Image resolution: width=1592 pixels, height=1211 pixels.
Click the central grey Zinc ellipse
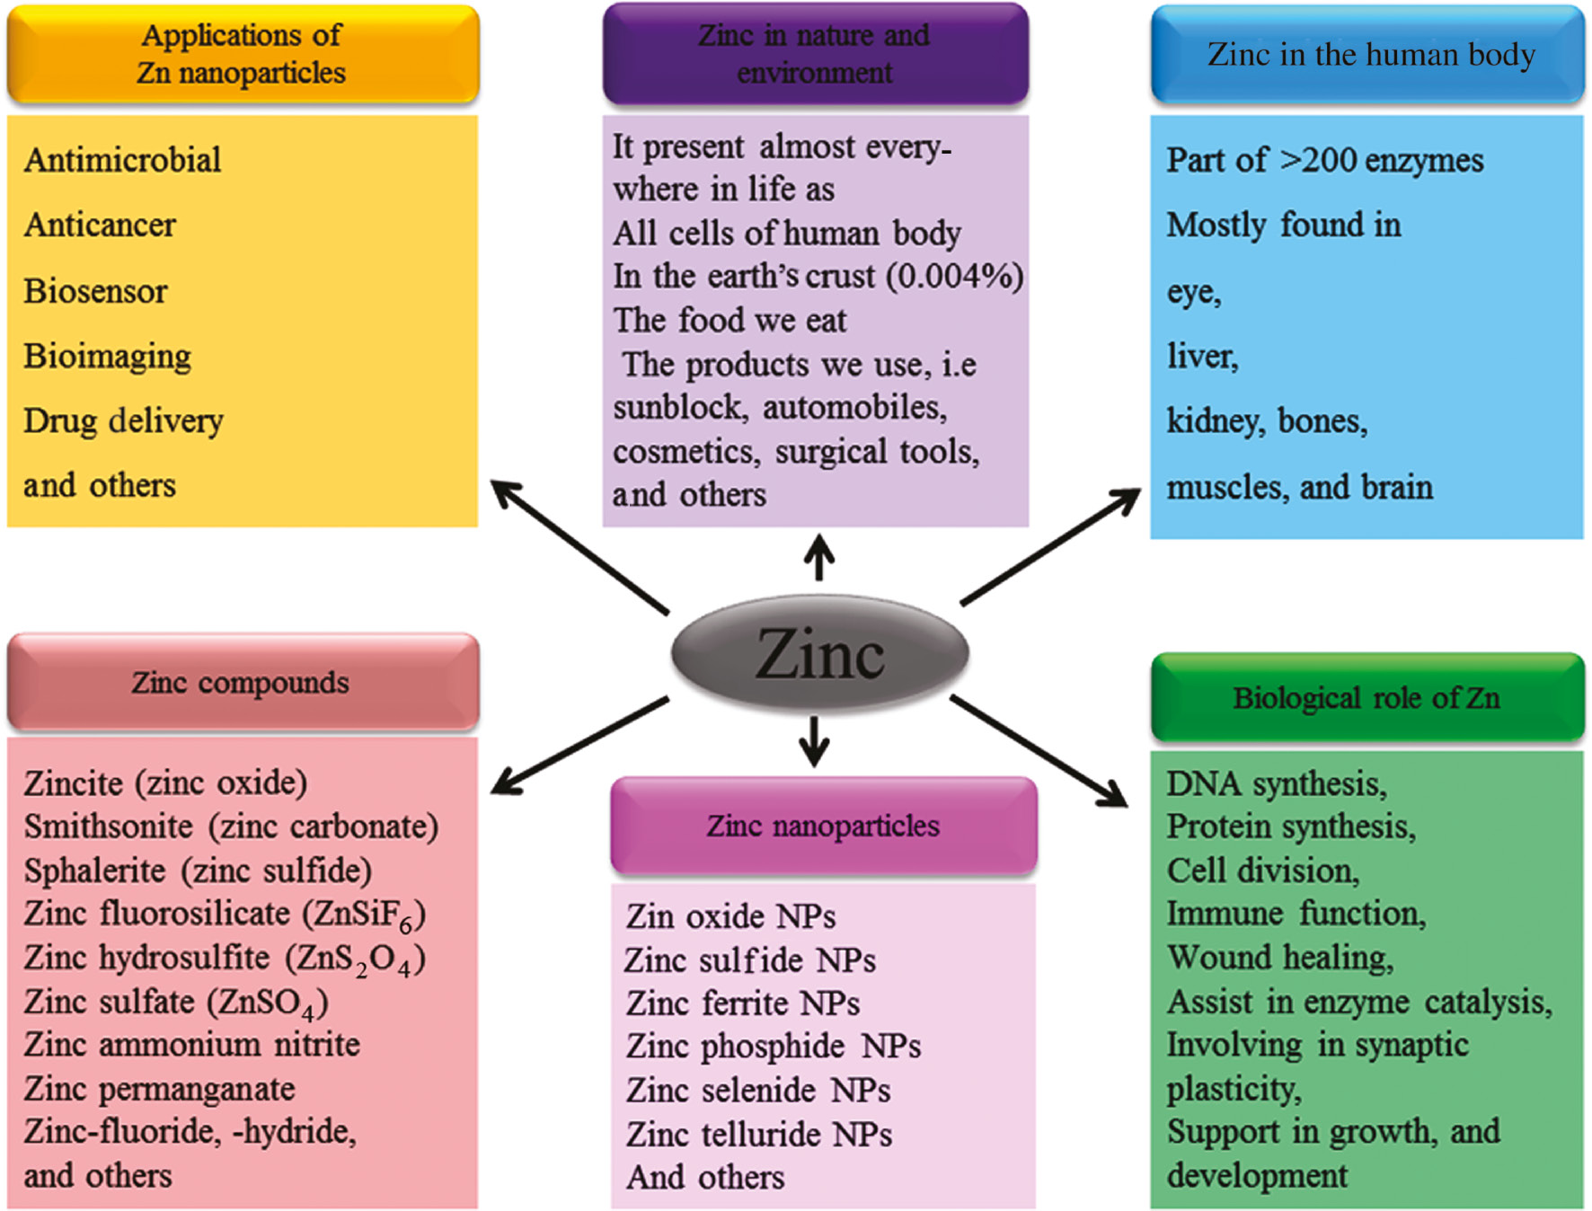[x=819, y=654]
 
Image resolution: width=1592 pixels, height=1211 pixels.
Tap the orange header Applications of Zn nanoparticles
[x=243, y=54]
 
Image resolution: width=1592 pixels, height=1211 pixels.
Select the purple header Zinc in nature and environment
[x=815, y=54]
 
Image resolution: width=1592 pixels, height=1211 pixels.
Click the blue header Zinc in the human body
[x=1367, y=54]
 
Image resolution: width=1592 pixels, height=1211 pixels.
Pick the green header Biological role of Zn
[x=1366, y=697]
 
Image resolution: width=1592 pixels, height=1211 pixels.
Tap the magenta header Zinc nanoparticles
[x=823, y=826]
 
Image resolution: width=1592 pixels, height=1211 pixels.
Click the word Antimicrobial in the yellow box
[x=123, y=160]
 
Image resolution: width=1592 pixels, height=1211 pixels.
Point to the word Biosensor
[x=95, y=291]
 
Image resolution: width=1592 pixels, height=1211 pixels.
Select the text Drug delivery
[x=124, y=420]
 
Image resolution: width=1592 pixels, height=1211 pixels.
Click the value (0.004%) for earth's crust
[x=954, y=277]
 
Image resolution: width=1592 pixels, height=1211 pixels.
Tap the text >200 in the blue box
[x=1318, y=160]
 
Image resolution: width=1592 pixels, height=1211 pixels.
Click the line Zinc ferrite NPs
[x=743, y=1003]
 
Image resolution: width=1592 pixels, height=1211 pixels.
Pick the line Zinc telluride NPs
[x=759, y=1134]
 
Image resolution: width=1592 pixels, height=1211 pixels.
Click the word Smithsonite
[x=109, y=826]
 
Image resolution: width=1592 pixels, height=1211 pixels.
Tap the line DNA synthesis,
[x=1277, y=783]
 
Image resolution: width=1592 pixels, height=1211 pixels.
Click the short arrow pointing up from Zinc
[x=818, y=557]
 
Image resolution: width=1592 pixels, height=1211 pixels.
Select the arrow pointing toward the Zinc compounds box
[x=579, y=746]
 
